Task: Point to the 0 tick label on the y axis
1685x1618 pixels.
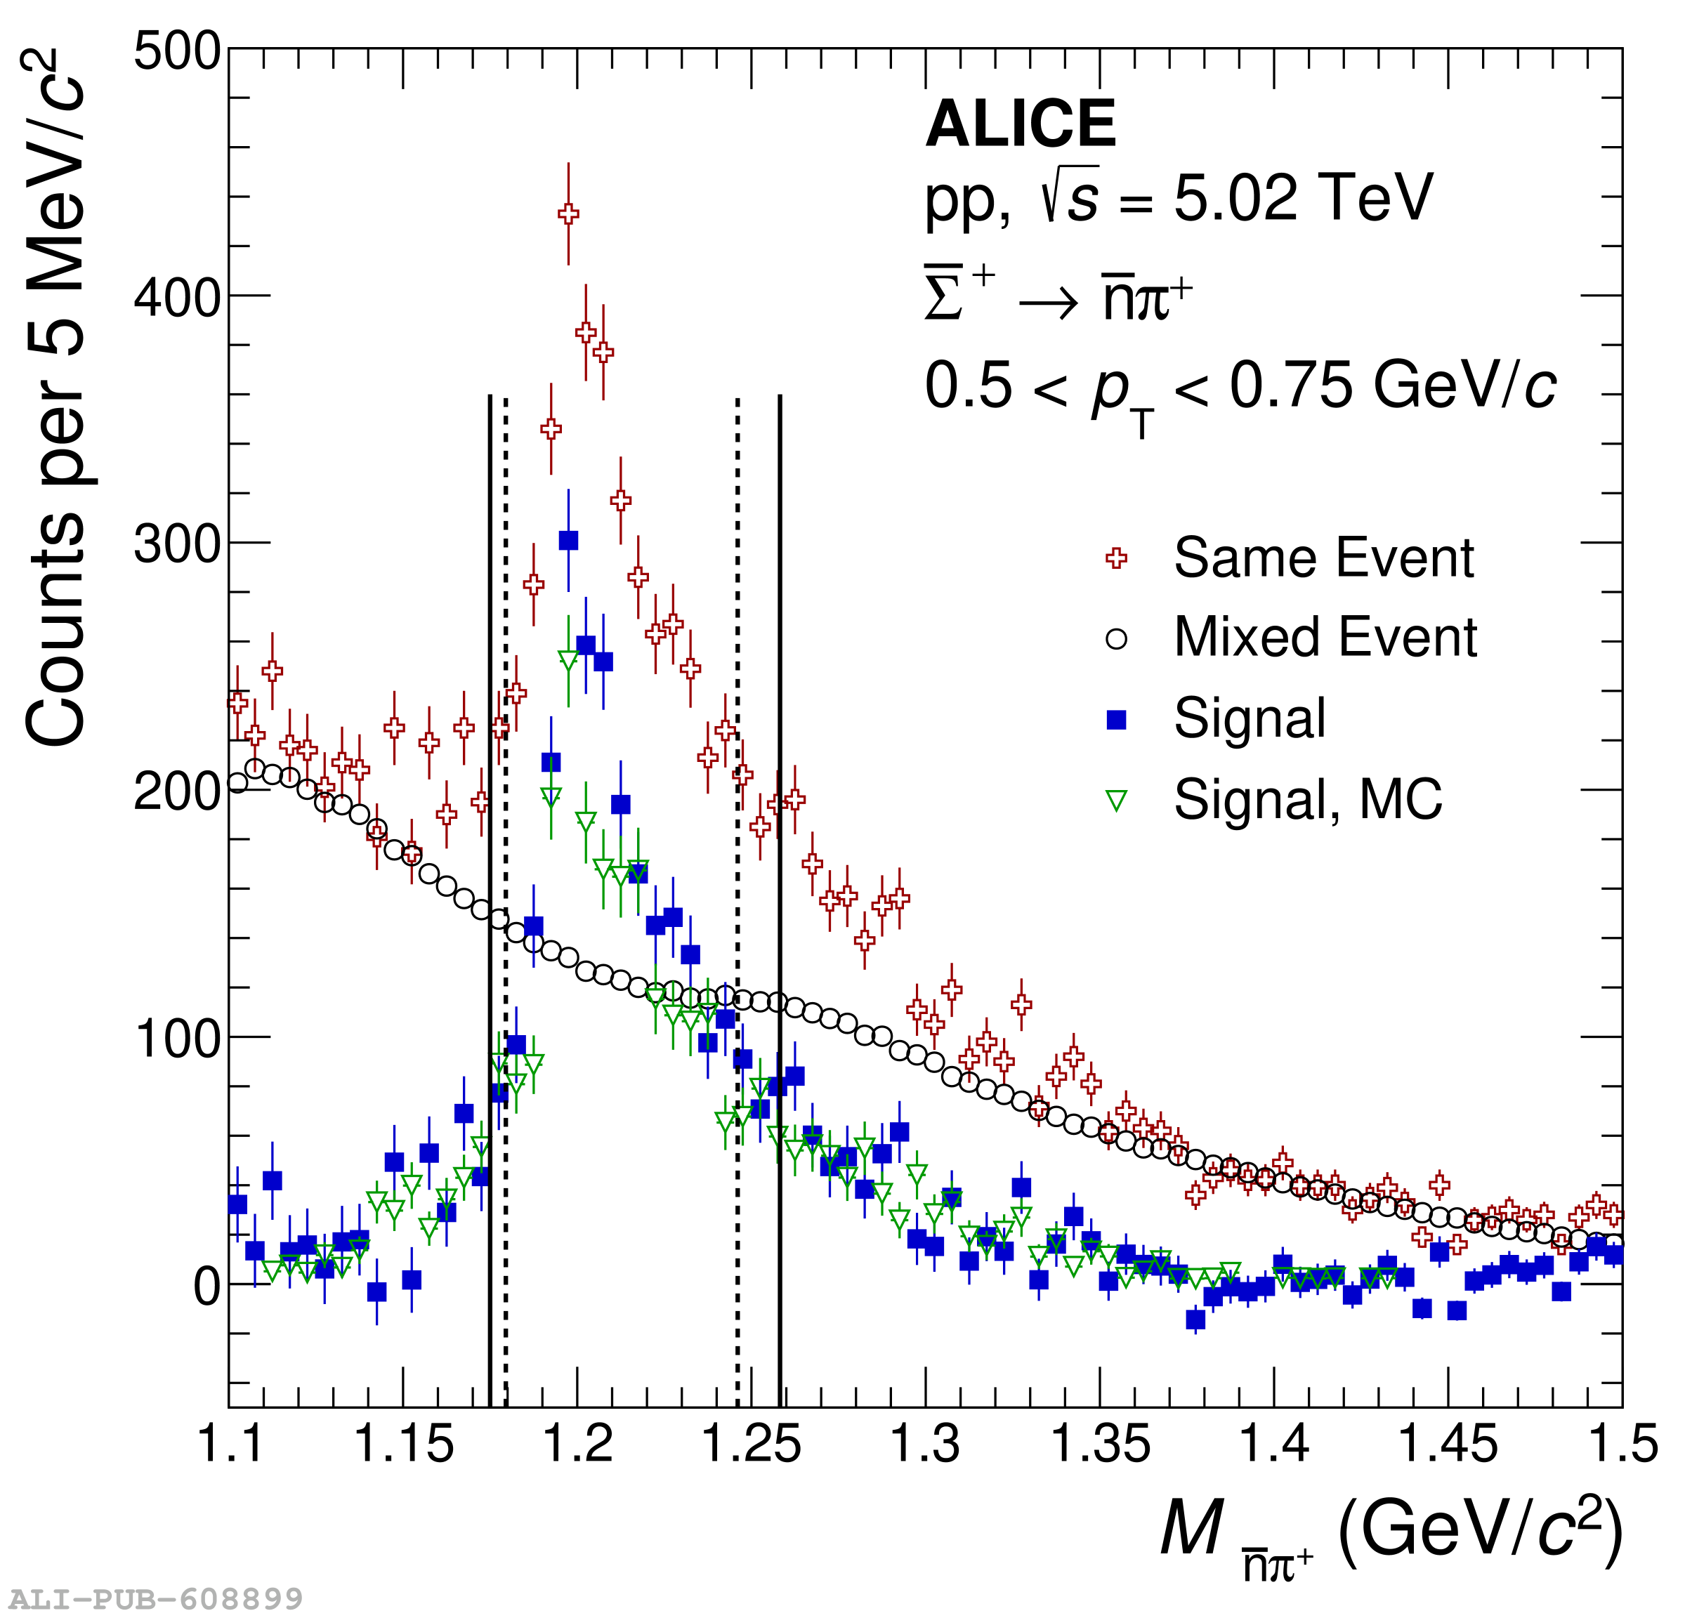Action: pyautogui.click(x=207, y=1287)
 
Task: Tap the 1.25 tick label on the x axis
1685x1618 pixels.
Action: pyautogui.click(x=752, y=1443)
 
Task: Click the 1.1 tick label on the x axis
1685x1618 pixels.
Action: pyautogui.click(x=230, y=1443)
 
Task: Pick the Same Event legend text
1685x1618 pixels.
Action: pyautogui.click(x=1323, y=558)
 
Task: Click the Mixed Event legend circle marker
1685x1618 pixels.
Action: pyautogui.click(x=1116, y=639)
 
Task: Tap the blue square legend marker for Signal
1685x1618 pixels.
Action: pyautogui.click(x=1116, y=720)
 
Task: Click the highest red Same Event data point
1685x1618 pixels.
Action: pyautogui.click(x=568, y=214)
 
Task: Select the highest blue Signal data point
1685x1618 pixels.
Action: pyautogui.click(x=568, y=540)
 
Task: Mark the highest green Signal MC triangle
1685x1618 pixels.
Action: pyautogui.click(x=568, y=660)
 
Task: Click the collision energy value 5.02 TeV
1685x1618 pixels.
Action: pyautogui.click(x=1302, y=198)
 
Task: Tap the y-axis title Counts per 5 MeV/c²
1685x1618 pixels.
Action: pyautogui.click(x=56, y=395)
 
